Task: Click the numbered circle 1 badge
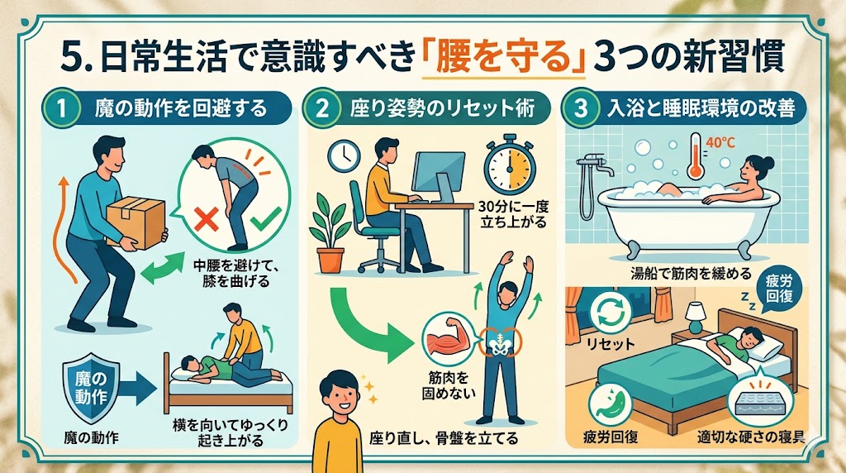[x=61, y=107]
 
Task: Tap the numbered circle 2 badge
[x=322, y=108]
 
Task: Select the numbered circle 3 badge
[x=581, y=108]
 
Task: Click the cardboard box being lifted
[x=136, y=222]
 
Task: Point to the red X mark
[x=206, y=220]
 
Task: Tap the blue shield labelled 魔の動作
[x=91, y=388]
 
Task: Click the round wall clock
[x=345, y=156]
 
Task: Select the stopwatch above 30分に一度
[x=509, y=166]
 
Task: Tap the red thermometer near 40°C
[x=695, y=156]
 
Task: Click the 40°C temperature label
[x=720, y=143]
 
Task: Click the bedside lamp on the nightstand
[x=696, y=318]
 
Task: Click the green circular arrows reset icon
[x=611, y=312]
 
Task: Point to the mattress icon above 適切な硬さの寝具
[x=758, y=400]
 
